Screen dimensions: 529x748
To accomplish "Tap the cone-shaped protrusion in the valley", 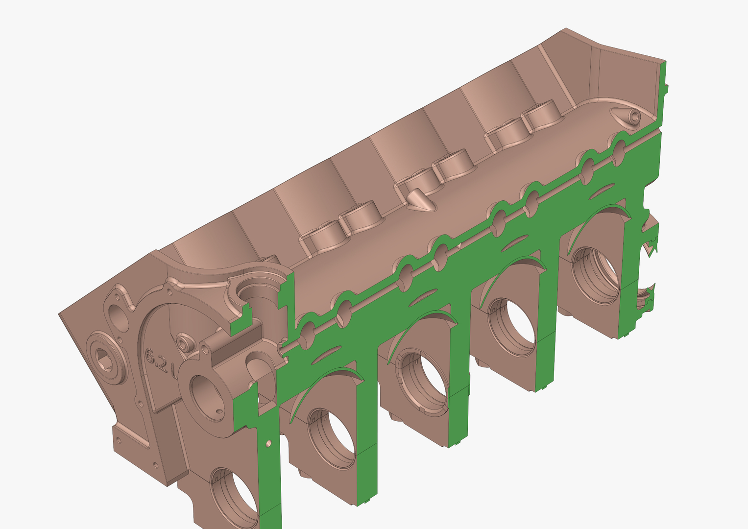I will tap(421, 200).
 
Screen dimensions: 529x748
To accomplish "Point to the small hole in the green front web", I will tap(268, 443).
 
